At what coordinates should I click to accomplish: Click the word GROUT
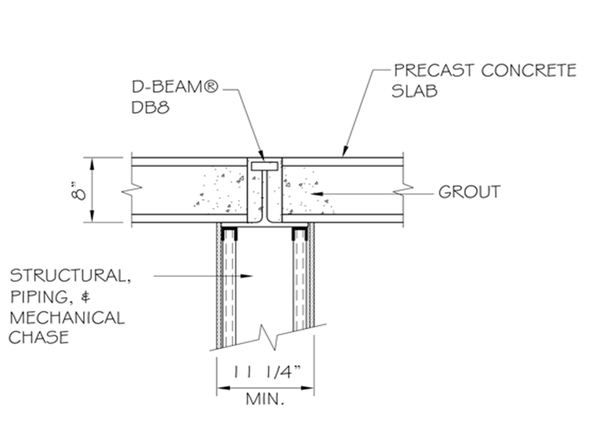click(x=469, y=192)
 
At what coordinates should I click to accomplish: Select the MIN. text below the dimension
click(x=265, y=399)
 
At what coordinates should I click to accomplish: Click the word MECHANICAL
click(x=67, y=318)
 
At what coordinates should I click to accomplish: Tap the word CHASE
click(x=39, y=338)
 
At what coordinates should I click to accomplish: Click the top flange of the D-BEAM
click(x=265, y=166)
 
